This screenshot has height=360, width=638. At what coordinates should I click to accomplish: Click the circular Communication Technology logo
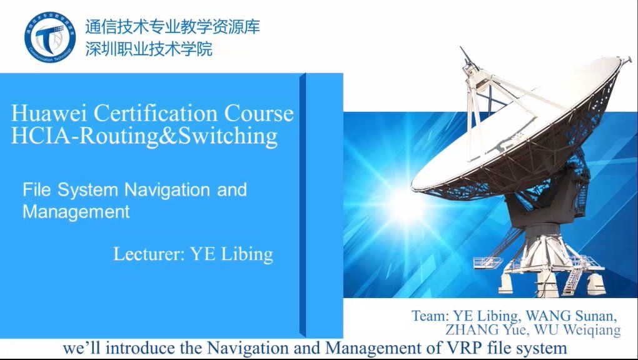pos(50,37)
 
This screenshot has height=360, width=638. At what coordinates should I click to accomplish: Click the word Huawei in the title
pos(49,113)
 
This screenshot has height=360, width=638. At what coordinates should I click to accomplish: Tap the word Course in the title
pos(259,114)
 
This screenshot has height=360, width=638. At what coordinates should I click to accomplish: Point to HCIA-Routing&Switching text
pos(144,136)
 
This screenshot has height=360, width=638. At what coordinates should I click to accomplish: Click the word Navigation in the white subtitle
pos(168,190)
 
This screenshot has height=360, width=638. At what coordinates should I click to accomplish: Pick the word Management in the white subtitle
pos(76,212)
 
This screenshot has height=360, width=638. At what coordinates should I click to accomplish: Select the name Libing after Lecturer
pos(247,254)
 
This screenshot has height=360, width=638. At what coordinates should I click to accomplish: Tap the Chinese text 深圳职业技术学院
pos(149,49)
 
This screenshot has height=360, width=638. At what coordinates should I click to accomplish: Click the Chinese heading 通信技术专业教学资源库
pos(173,27)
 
